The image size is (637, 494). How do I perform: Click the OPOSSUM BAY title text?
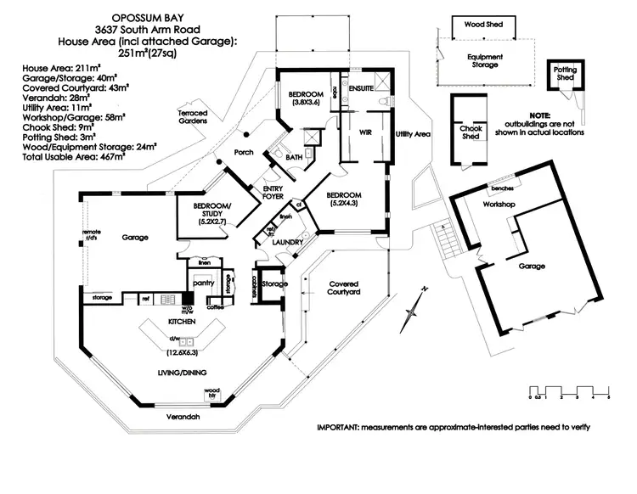coord(149,16)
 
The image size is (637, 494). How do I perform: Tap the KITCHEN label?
coord(183,323)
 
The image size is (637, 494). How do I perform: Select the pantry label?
coord(204,280)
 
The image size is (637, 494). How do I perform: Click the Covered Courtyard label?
coord(345,288)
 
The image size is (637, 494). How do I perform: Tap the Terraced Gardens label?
coord(193,116)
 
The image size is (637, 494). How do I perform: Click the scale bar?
coord(569,391)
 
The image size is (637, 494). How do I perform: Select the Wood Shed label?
coord(483,25)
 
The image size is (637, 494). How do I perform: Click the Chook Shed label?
coord(471,132)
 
